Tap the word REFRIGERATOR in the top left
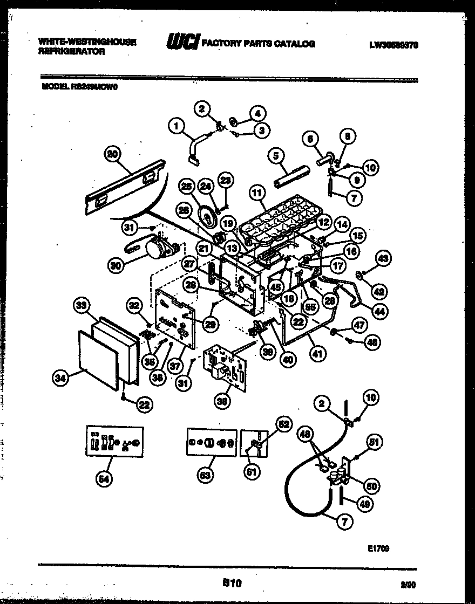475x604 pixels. click(72, 52)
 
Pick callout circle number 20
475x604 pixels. click(112, 155)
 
